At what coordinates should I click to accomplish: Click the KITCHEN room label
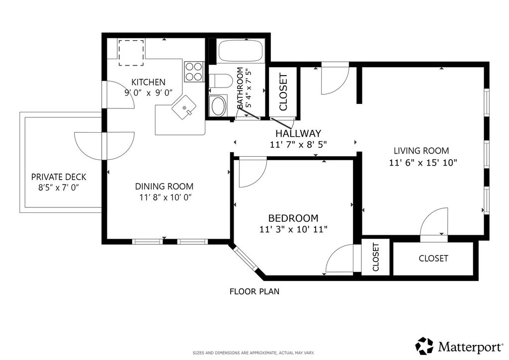pyautogui.click(x=148, y=82)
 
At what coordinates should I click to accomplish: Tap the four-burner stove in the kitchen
pyautogui.click(x=194, y=72)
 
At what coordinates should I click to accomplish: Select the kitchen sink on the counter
pyautogui.click(x=184, y=107)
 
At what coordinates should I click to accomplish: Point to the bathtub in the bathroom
pyautogui.click(x=241, y=51)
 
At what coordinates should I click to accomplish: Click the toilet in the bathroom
pyautogui.click(x=221, y=81)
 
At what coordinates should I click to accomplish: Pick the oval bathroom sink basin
pyautogui.click(x=218, y=105)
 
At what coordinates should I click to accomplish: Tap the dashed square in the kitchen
pyautogui.click(x=131, y=53)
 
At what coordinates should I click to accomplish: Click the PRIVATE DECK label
pyautogui.click(x=59, y=177)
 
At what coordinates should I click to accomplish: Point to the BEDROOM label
pyautogui.click(x=293, y=218)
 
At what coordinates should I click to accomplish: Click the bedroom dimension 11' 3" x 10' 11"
pyautogui.click(x=293, y=230)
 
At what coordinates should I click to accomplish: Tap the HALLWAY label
pyautogui.click(x=298, y=133)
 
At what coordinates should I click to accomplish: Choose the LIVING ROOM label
pyautogui.click(x=422, y=151)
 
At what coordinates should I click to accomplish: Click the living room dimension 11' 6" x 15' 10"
pyautogui.click(x=423, y=162)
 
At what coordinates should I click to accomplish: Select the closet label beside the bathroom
pyautogui.click(x=283, y=92)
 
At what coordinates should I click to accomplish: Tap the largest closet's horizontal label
pyautogui.click(x=433, y=259)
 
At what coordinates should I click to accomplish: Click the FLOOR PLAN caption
pyautogui.click(x=254, y=291)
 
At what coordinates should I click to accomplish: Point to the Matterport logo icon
pyautogui.click(x=424, y=346)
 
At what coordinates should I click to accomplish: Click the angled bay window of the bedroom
pyautogui.click(x=245, y=258)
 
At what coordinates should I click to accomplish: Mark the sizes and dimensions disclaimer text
pyautogui.click(x=254, y=353)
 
